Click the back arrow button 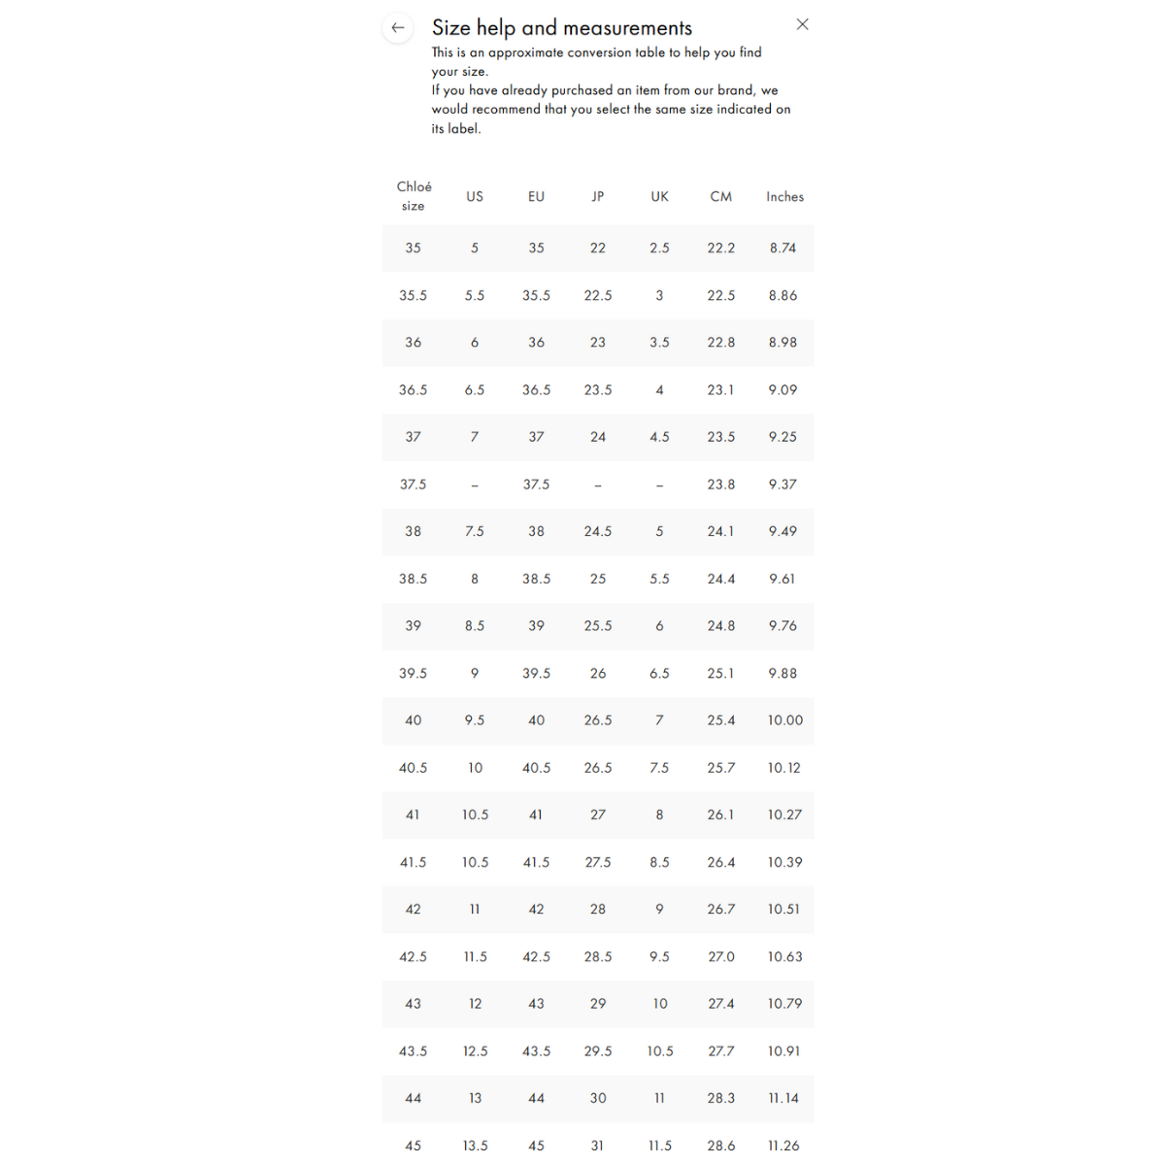(x=397, y=28)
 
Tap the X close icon (x=802, y=25)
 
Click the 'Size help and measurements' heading (x=562, y=28)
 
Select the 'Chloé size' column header (x=414, y=196)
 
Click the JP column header (x=598, y=196)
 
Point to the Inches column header (x=784, y=196)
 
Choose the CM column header (x=721, y=196)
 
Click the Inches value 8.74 (x=783, y=248)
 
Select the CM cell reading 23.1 (x=721, y=389)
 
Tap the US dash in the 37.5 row (x=475, y=484)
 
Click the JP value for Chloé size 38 (x=598, y=531)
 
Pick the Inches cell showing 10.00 (x=785, y=720)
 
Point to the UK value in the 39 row (x=659, y=626)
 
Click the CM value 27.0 (x=721, y=956)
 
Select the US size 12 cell (x=475, y=1004)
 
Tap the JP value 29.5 (x=598, y=1050)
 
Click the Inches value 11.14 (x=783, y=1098)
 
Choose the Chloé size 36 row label (x=414, y=343)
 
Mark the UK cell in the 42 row (x=659, y=910)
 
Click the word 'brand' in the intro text (x=735, y=90)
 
